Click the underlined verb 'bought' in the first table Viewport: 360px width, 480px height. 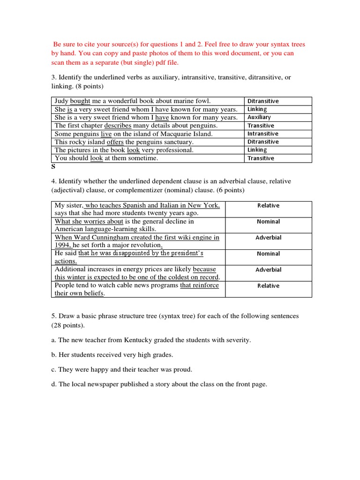(80, 101)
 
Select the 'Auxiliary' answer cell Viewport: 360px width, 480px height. (259, 117)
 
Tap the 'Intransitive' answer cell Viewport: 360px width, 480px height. (262, 134)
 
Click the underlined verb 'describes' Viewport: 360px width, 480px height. (118, 126)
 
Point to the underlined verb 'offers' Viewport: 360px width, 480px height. (115, 142)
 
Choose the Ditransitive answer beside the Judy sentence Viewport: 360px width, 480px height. (263, 101)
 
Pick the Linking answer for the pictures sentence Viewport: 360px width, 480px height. (257, 150)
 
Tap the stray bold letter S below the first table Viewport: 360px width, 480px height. (53, 166)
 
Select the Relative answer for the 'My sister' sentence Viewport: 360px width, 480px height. (268, 205)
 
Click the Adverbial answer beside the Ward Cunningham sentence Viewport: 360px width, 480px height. (268, 238)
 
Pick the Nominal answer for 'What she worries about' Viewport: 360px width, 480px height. (268, 221)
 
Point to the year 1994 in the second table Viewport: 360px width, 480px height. (62, 245)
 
